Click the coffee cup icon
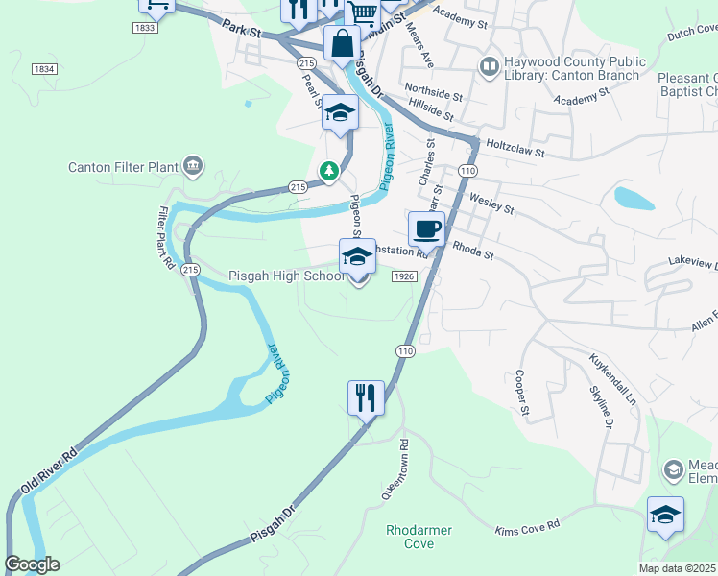click(426, 229)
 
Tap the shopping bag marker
click(342, 43)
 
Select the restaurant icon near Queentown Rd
click(366, 397)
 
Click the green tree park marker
click(330, 171)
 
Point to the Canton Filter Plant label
click(124, 167)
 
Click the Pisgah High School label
click(285, 276)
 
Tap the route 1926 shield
click(404, 276)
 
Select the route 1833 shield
click(145, 30)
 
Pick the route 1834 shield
click(44, 69)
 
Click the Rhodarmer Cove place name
click(419, 537)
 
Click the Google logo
click(32, 564)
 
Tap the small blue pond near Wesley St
click(634, 199)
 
